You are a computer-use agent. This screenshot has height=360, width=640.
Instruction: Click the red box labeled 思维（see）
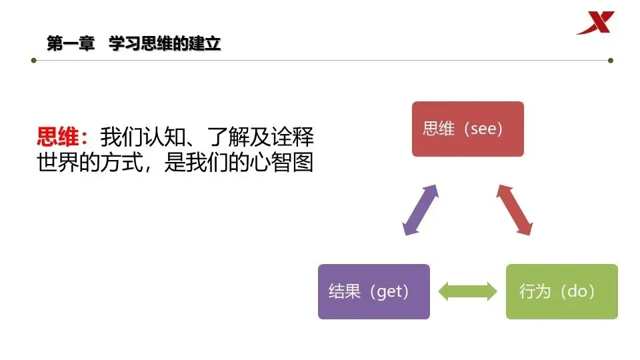click(x=467, y=129)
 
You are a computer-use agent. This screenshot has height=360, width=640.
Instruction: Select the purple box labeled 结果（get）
click(x=373, y=291)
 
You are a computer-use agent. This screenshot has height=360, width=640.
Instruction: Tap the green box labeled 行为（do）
click(x=561, y=291)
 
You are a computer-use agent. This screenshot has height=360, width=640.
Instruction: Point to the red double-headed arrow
click(x=515, y=209)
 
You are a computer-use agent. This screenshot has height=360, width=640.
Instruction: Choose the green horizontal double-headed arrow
click(x=468, y=291)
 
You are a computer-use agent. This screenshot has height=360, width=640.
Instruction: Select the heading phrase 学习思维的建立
click(x=165, y=44)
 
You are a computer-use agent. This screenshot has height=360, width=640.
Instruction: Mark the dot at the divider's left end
click(x=34, y=60)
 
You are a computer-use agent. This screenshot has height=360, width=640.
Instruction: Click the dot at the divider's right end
click(x=609, y=60)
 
